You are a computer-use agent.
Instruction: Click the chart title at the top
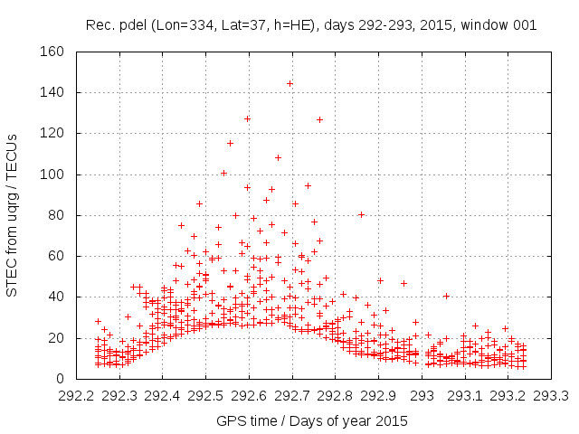point(310,24)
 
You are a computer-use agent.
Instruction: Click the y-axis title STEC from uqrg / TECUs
point(13,214)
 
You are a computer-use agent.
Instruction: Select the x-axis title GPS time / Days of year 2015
point(310,420)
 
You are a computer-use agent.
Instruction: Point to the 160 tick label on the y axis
point(50,52)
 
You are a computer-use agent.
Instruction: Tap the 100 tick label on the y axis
point(50,175)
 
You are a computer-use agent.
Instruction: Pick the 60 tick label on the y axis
point(53,256)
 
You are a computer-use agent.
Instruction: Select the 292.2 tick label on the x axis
point(77,395)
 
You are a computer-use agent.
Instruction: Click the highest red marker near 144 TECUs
point(289,84)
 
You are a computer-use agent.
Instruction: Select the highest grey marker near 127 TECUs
point(247,118)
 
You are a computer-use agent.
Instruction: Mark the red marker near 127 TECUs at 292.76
point(319,119)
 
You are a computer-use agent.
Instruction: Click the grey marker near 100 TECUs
point(223,173)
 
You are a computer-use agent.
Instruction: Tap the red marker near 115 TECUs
point(230,143)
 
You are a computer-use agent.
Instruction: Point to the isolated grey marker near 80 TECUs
point(361,214)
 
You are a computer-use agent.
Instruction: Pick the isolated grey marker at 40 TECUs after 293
point(446,296)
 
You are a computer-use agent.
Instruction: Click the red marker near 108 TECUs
point(278,157)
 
